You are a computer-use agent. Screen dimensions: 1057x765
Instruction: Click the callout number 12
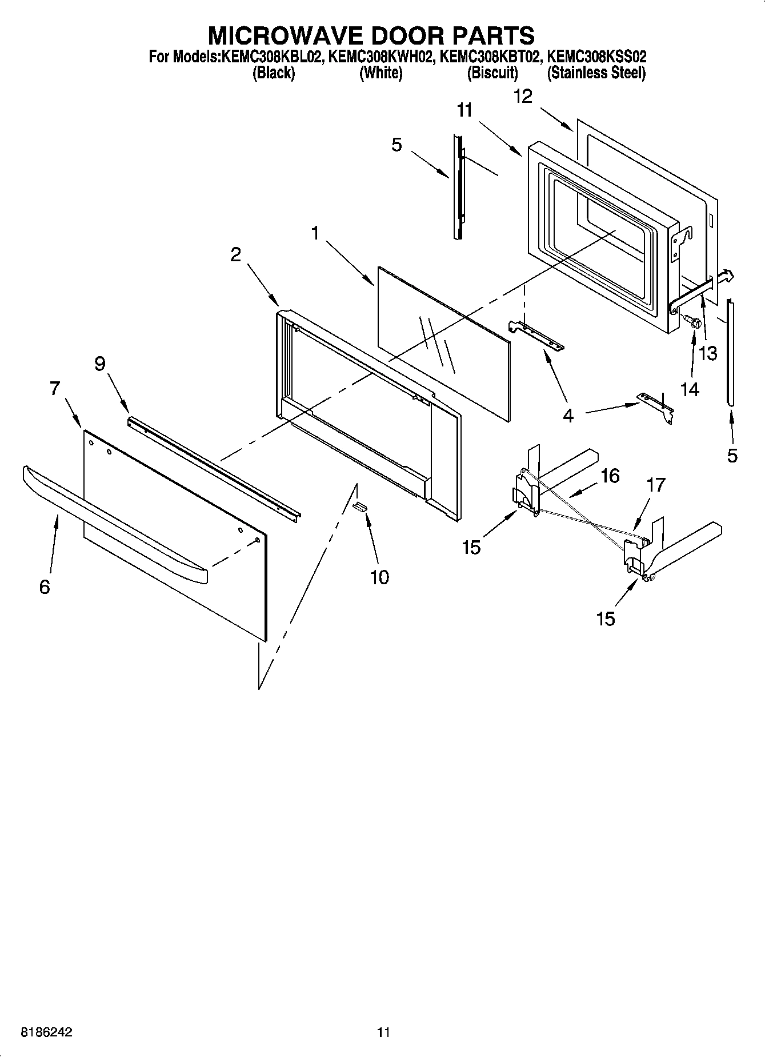(523, 96)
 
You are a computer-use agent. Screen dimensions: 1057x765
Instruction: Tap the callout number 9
(100, 364)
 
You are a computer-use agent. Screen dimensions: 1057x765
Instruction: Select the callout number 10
(379, 577)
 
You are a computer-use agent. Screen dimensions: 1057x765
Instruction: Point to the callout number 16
(610, 476)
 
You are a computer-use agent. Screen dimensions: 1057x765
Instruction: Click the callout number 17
(656, 485)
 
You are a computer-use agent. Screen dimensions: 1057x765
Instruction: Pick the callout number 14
(690, 389)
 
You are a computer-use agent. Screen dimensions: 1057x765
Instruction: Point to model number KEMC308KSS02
(596, 57)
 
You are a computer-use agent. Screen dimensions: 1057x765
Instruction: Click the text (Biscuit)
(492, 73)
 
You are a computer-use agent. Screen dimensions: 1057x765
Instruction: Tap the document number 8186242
(47, 1032)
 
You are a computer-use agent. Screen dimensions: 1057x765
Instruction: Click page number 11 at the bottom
(383, 1032)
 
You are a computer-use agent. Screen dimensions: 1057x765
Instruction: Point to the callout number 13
(708, 353)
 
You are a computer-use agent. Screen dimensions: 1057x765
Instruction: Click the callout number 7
(54, 389)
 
